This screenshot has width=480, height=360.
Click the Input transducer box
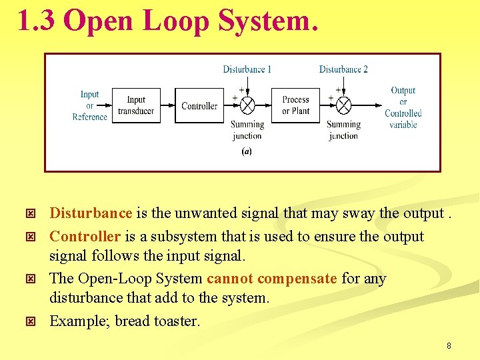[x=136, y=105]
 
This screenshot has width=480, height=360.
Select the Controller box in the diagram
[x=199, y=106]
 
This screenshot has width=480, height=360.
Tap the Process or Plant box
[x=295, y=105]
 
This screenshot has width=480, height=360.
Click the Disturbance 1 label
[x=247, y=69]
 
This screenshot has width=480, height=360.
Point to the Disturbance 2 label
[x=343, y=69]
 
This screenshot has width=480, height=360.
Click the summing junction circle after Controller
[x=247, y=106]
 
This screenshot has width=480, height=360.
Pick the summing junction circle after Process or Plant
[x=343, y=106]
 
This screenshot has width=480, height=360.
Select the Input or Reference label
[x=89, y=105]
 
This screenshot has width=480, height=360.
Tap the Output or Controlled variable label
[x=403, y=107]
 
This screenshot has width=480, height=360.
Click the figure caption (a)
[x=247, y=151]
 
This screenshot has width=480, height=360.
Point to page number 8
[x=449, y=346]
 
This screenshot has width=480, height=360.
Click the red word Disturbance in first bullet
[x=91, y=213]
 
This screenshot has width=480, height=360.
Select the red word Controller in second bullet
[x=85, y=236]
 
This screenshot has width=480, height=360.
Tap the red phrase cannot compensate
[x=272, y=278]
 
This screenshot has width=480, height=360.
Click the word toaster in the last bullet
[x=177, y=321]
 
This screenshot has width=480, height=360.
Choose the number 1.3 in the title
[x=37, y=21]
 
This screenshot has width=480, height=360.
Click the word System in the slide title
[x=265, y=21]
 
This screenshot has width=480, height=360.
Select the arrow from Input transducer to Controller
[x=167, y=106]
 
